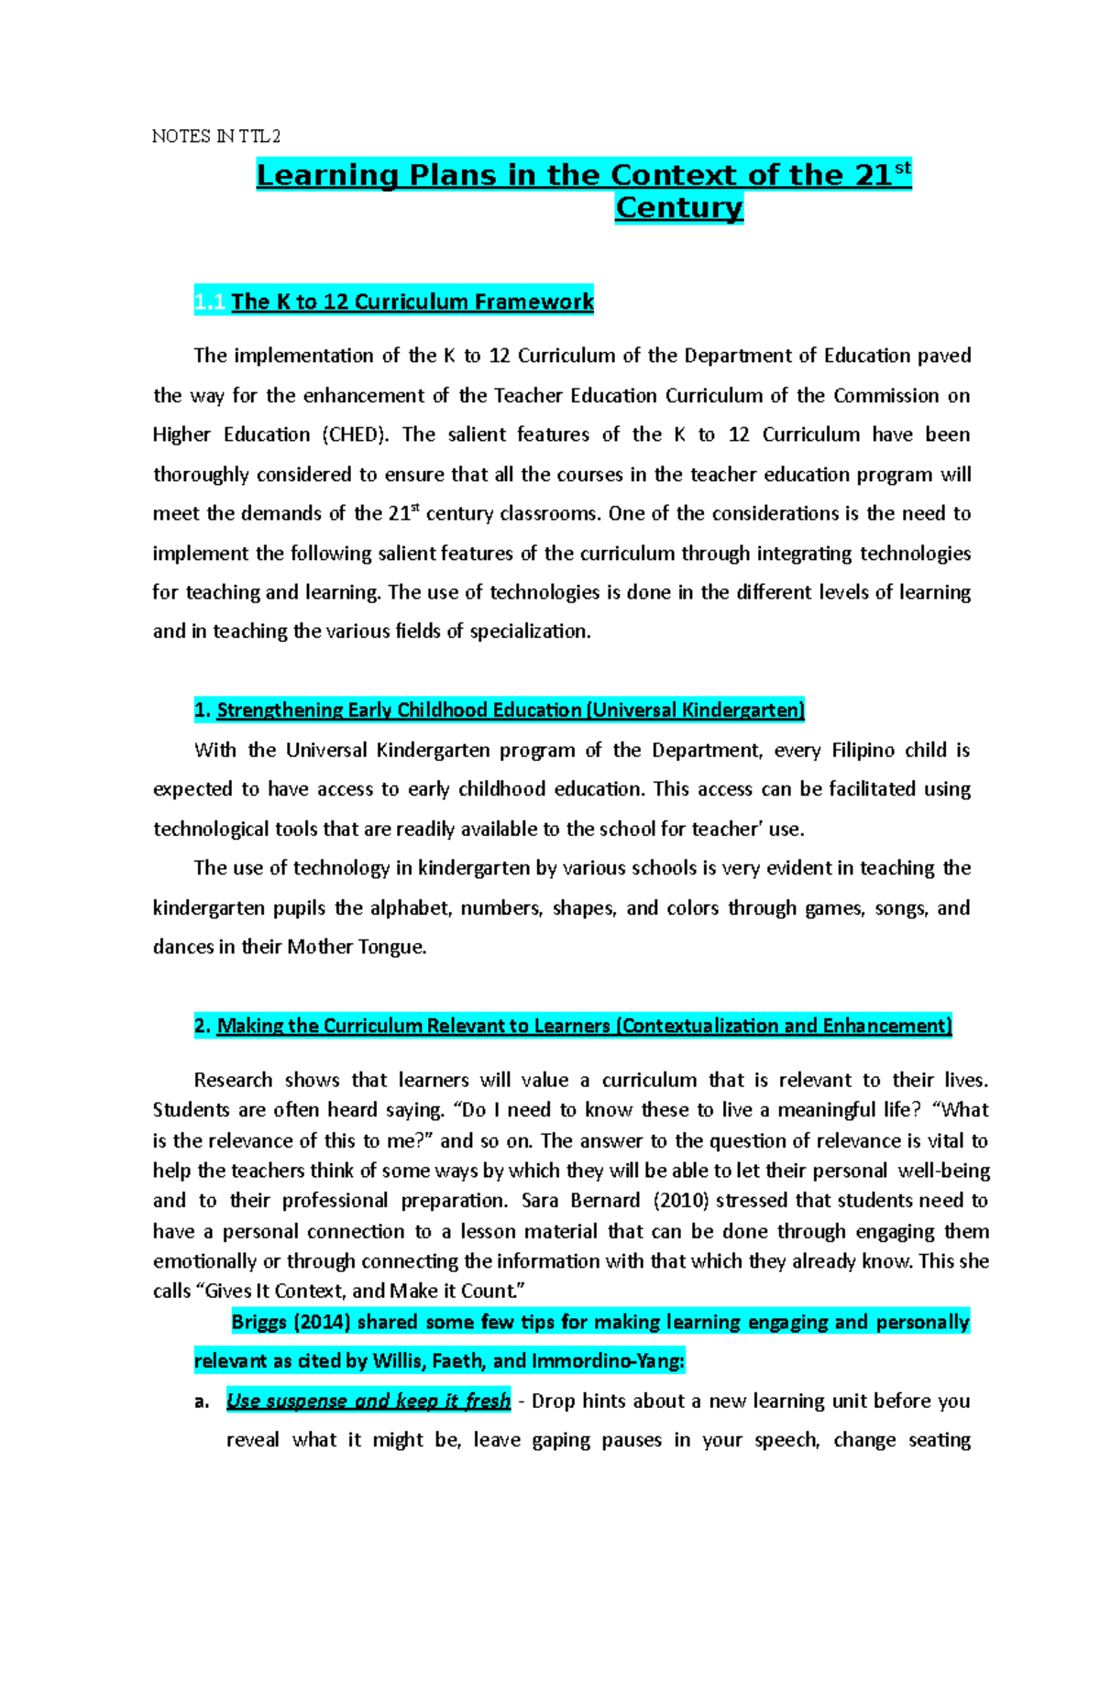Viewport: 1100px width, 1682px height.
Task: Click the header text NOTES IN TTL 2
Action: click(215, 137)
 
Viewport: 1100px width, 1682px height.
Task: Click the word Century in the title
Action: click(678, 208)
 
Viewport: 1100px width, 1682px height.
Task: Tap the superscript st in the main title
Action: click(902, 168)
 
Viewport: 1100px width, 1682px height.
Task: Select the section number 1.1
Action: click(210, 302)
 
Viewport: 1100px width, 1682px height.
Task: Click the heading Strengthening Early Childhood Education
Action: click(399, 709)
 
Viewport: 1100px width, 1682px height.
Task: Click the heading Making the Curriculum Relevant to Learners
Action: click(412, 1026)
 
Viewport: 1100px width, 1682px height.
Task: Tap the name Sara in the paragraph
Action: click(539, 1201)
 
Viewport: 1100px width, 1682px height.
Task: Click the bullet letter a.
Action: click(202, 1402)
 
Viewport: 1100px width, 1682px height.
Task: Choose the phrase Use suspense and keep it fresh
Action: click(368, 1401)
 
